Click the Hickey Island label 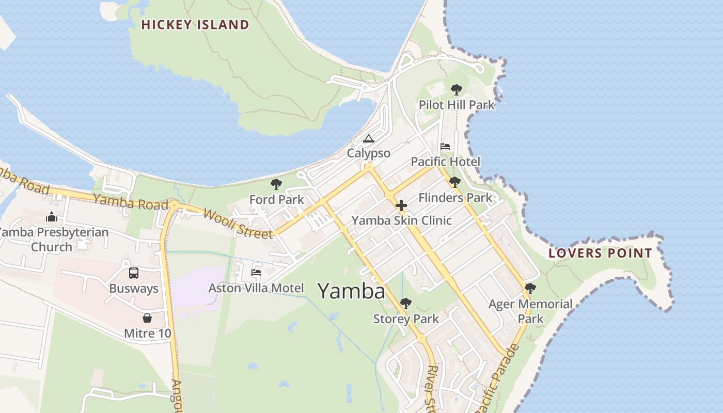point(195,24)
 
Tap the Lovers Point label point(600,253)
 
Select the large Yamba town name point(351,291)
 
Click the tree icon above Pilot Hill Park point(456,90)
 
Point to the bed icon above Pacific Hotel point(445,147)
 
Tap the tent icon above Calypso point(368,138)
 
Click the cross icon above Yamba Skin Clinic point(401,205)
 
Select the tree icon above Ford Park point(276,184)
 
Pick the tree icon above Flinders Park point(455,182)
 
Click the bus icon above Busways point(134,273)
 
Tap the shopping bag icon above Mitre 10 point(147,318)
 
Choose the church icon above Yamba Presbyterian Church point(52,217)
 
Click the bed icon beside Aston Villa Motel point(256,273)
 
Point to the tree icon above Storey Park point(406,304)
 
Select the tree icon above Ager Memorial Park point(530,289)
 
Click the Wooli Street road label point(238,224)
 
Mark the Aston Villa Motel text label point(256,288)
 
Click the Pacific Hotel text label point(445,162)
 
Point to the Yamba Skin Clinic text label point(401,220)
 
